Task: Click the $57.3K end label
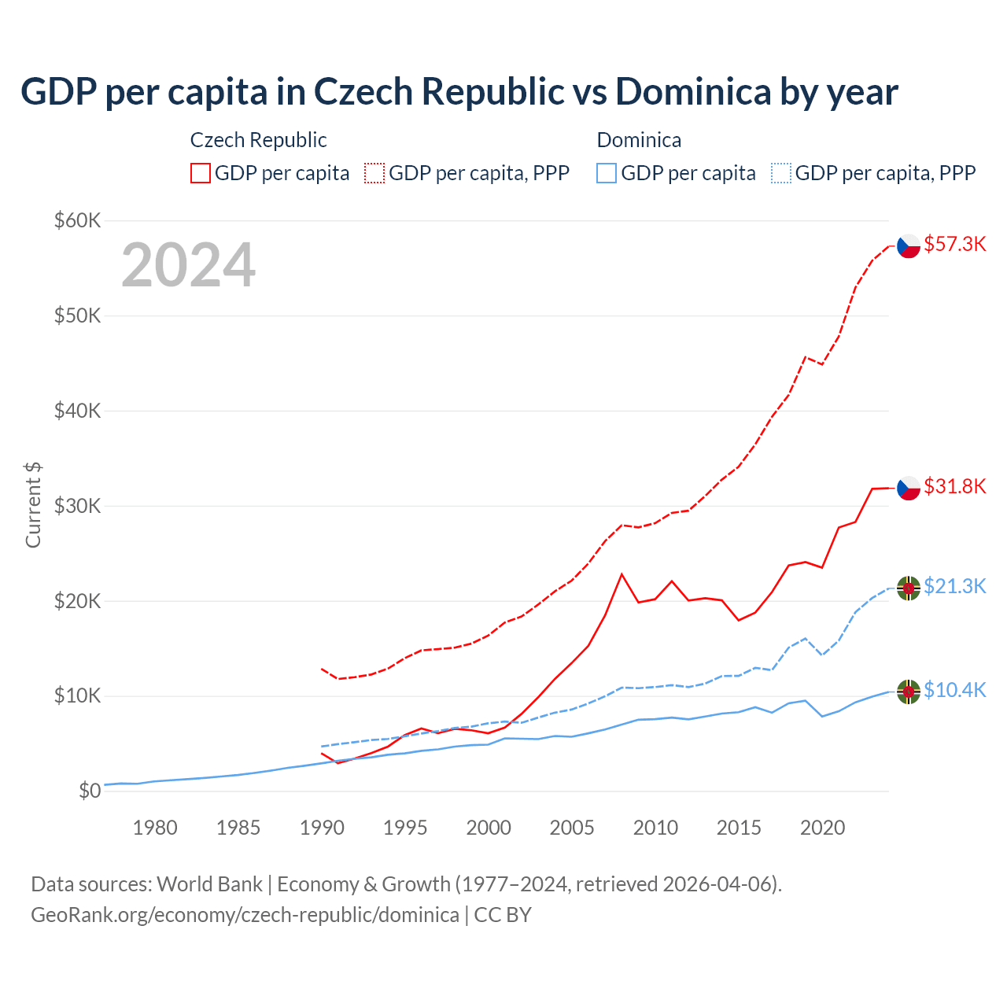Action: click(954, 244)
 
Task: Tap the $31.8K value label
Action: click(954, 486)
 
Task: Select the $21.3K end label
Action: click(954, 586)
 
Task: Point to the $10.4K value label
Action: click(954, 690)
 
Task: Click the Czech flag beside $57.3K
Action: click(909, 246)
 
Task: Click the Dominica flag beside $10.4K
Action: click(909, 692)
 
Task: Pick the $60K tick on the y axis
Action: click(77, 220)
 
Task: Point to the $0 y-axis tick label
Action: click(90, 791)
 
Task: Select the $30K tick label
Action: click(77, 506)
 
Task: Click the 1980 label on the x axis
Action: click(155, 828)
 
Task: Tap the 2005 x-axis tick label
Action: click(572, 828)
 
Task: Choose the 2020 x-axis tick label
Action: click(822, 828)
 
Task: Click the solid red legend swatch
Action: click(201, 173)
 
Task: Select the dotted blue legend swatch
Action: click(781, 173)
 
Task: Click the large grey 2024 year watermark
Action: click(188, 265)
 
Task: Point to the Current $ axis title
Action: click(33, 505)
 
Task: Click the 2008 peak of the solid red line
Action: click(622, 574)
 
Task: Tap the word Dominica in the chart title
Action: click(693, 91)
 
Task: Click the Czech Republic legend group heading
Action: click(258, 140)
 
